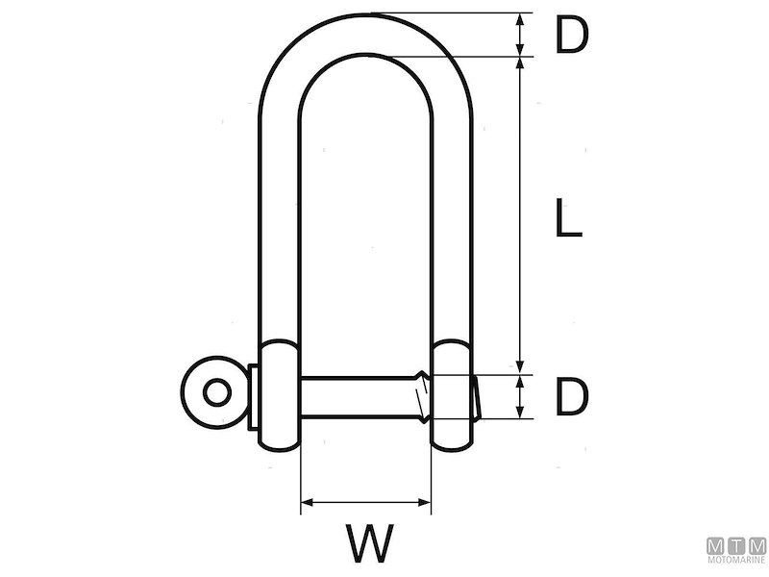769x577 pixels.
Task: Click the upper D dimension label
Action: tap(570, 35)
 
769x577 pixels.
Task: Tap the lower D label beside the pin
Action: tap(570, 396)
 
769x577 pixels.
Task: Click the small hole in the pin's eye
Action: tap(217, 392)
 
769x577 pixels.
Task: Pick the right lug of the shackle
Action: tap(452, 394)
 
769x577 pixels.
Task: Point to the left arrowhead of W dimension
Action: tap(307, 501)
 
